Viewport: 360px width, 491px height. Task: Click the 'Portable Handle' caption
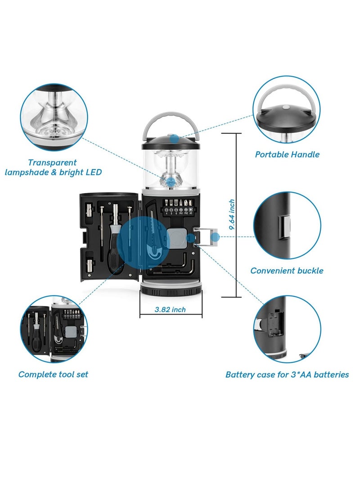[287, 154]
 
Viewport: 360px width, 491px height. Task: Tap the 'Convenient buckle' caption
[287, 270]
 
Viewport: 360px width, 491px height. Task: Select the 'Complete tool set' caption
[53, 374]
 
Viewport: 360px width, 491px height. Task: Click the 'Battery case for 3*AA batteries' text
[287, 374]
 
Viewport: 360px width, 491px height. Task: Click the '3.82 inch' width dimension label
[170, 309]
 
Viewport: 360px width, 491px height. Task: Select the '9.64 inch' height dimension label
[231, 215]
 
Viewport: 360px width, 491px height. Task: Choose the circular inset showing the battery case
[287, 329]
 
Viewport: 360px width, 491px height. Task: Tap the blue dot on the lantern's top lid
[174, 137]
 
